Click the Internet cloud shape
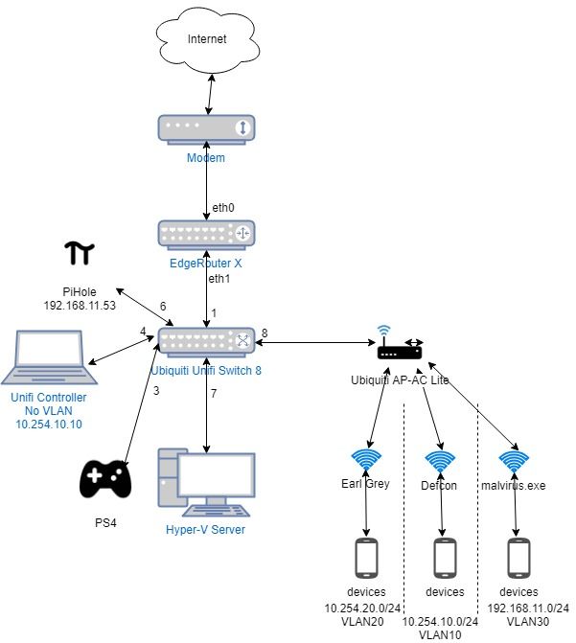(x=206, y=40)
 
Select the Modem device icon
(x=206, y=128)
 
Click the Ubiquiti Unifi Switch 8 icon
(x=206, y=341)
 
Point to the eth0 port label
(x=222, y=207)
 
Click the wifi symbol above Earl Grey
(x=367, y=461)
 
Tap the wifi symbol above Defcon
(x=442, y=461)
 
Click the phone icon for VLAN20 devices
(x=367, y=559)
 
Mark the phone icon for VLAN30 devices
(x=518, y=559)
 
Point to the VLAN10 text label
(x=440, y=634)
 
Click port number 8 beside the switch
(x=265, y=333)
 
